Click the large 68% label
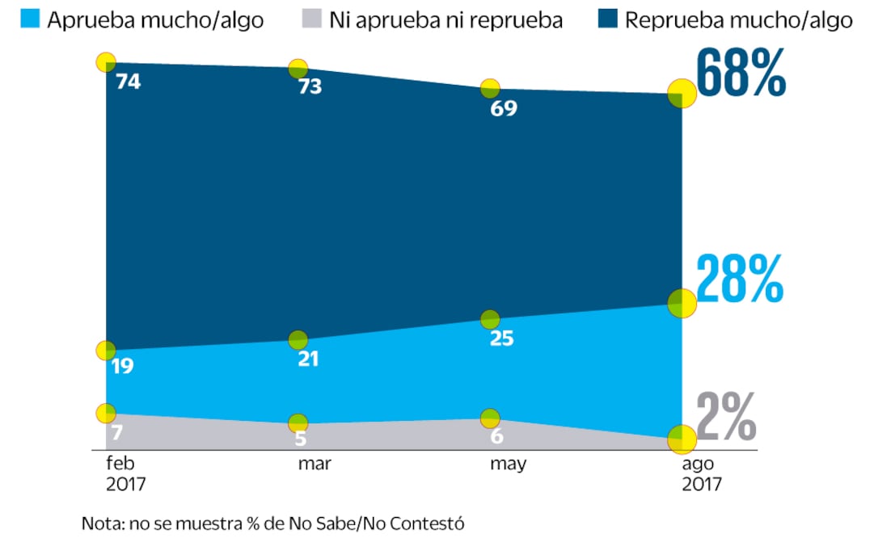(741, 74)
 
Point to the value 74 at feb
(128, 82)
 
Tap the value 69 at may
(504, 107)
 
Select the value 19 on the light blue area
(122, 366)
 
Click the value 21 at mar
(307, 359)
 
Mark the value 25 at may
(501, 338)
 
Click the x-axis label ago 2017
(701, 473)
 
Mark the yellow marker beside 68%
(682, 93)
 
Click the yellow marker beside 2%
(682, 439)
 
